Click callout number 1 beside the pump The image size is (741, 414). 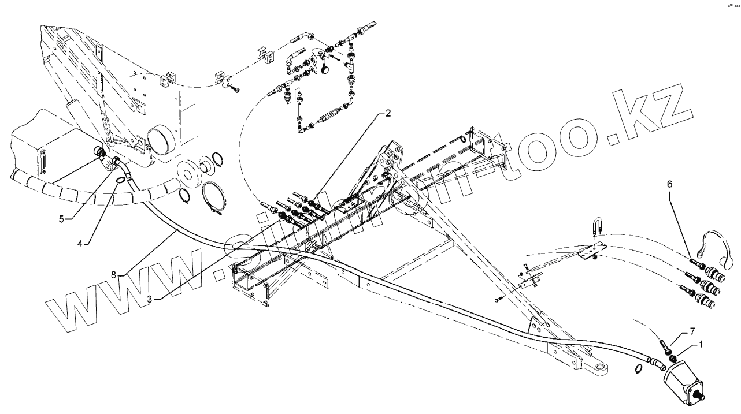pyautogui.click(x=702, y=344)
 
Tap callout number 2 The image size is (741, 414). pyautogui.click(x=389, y=113)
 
